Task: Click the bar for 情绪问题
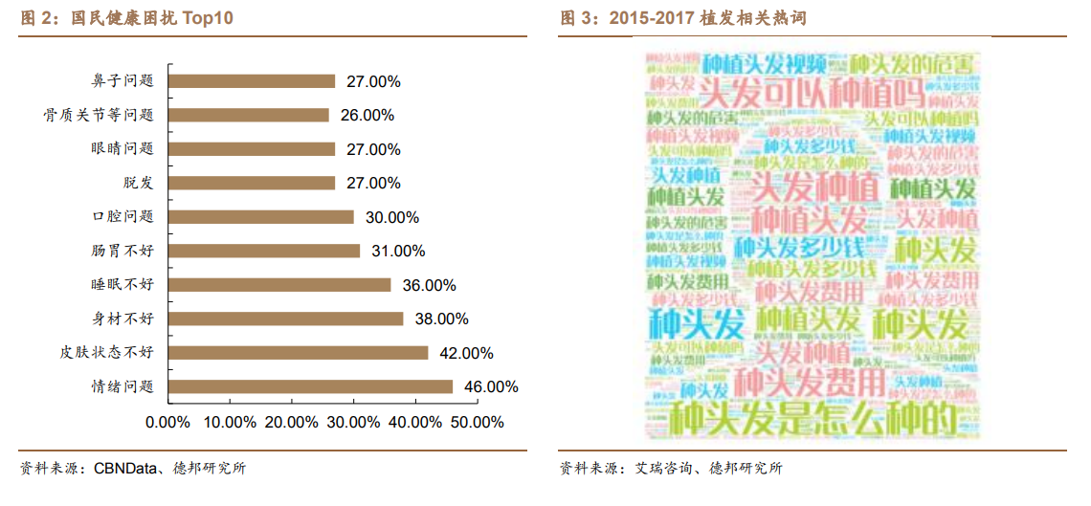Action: [x=310, y=386]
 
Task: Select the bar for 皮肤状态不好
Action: [x=298, y=353]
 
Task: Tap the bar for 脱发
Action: [x=252, y=183]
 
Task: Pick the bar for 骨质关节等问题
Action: [x=249, y=115]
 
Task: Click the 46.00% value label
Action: [x=491, y=387]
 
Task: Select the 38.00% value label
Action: [x=441, y=319]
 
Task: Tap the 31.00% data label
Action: [x=398, y=252]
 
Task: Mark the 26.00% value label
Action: [x=367, y=116]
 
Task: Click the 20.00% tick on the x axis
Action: [x=291, y=422]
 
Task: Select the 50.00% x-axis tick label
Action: [x=477, y=422]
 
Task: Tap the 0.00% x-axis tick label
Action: [x=167, y=422]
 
